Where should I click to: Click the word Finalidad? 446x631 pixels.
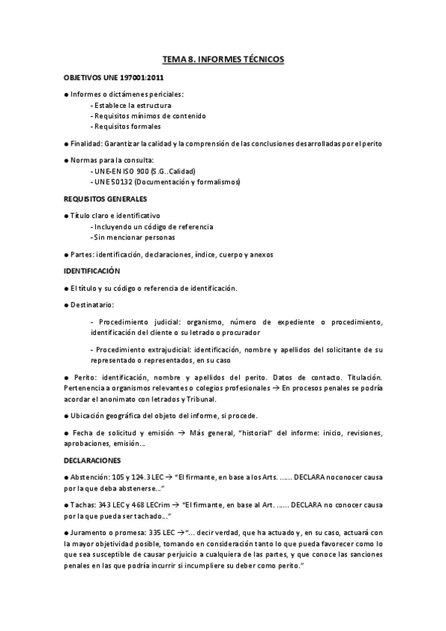coord(87,143)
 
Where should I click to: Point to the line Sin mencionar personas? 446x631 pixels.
coord(133,237)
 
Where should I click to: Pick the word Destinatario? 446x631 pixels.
coord(92,304)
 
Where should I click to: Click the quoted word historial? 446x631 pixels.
coord(251,432)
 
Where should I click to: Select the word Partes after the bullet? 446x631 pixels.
coord(82,254)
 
